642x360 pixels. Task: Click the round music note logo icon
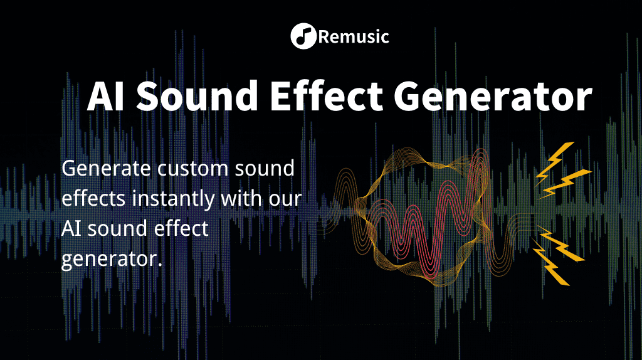[x=303, y=36]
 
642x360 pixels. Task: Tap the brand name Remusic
[x=354, y=37]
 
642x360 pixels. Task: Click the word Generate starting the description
[x=105, y=169]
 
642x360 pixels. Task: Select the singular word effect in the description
[x=181, y=229]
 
